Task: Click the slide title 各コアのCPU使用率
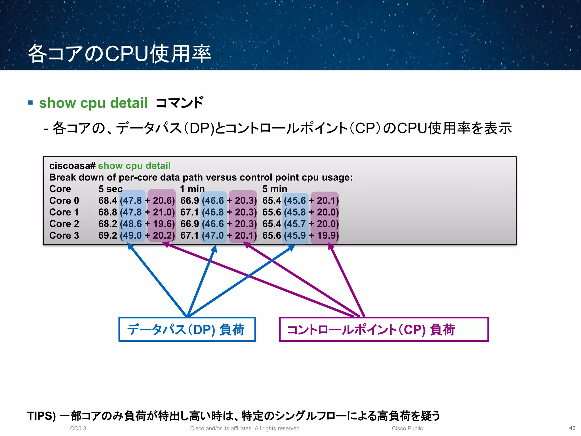[x=119, y=53]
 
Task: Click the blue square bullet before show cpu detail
[x=31, y=102]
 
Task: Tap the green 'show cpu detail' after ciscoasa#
[x=134, y=166]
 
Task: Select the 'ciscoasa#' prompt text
[x=72, y=166]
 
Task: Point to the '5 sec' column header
[x=110, y=189]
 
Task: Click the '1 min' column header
[x=192, y=189]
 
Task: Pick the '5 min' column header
[x=275, y=189]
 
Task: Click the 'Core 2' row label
[x=64, y=224]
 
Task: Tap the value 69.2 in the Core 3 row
[x=108, y=236]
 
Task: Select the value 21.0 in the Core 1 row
[x=163, y=212]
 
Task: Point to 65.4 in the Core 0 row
[x=271, y=201]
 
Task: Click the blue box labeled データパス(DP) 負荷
[x=187, y=330]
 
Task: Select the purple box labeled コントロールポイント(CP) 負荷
[x=384, y=330]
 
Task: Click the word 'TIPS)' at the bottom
[x=41, y=416]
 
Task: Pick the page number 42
[x=572, y=428]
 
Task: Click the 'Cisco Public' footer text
[x=407, y=428]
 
